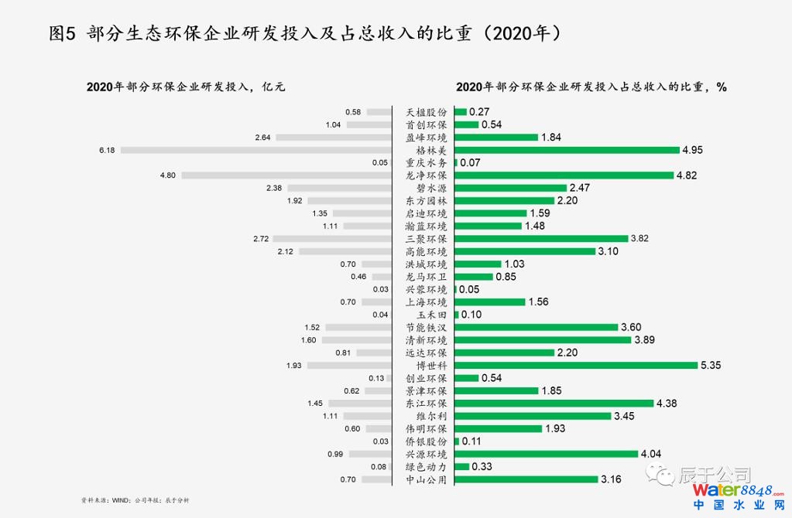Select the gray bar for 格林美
pyautogui.click(x=256, y=150)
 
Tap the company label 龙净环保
pyautogui.click(x=426, y=176)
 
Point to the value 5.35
pyautogui.click(x=711, y=365)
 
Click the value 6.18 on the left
pyautogui.click(x=107, y=150)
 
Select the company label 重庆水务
pyautogui.click(x=426, y=163)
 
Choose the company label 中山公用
pyautogui.click(x=426, y=479)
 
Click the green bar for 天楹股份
pyautogui.click(x=460, y=112)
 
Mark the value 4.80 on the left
pyautogui.click(x=168, y=176)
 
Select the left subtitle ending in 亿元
pyautogui.click(x=186, y=87)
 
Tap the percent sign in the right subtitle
pyautogui.click(x=722, y=87)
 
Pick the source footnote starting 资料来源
pyautogui.click(x=135, y=501)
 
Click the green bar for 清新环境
pyautogui.click(x=542, y=339)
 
